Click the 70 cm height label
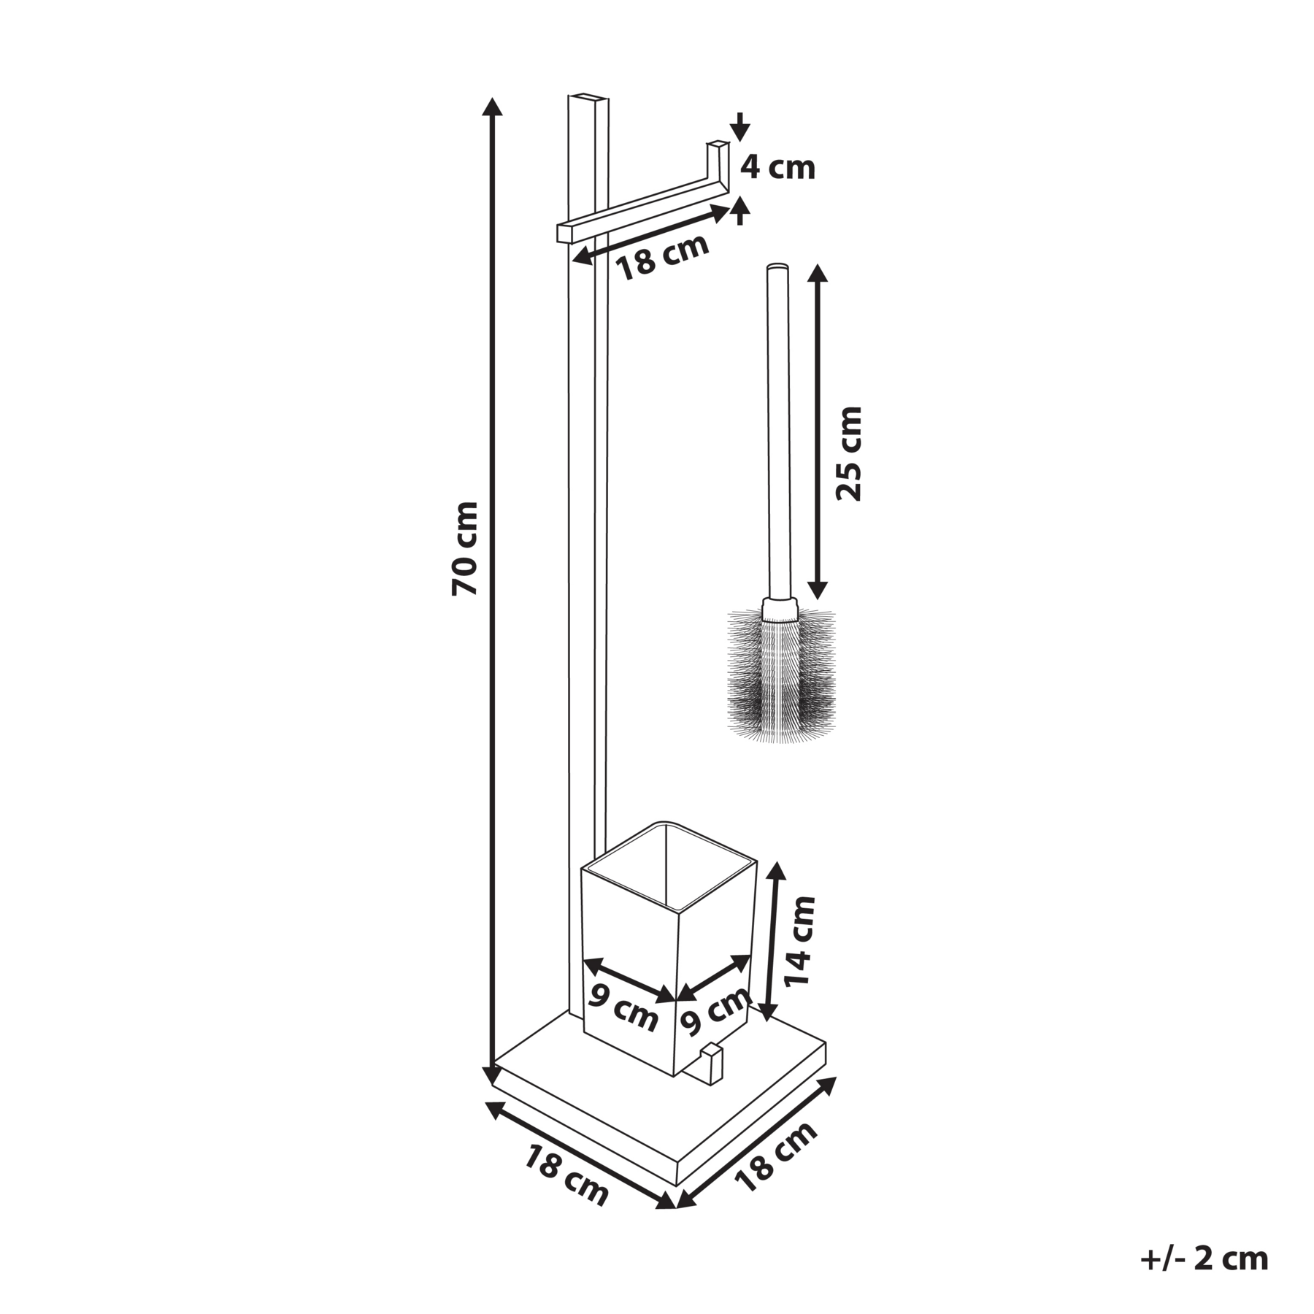click(465, 548)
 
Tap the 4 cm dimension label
click(777, 169)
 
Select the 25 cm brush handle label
click(849, 453)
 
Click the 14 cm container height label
click(799, 941)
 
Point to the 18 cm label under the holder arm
click(663, 257)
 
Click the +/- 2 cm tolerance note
click(1204, 1259)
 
